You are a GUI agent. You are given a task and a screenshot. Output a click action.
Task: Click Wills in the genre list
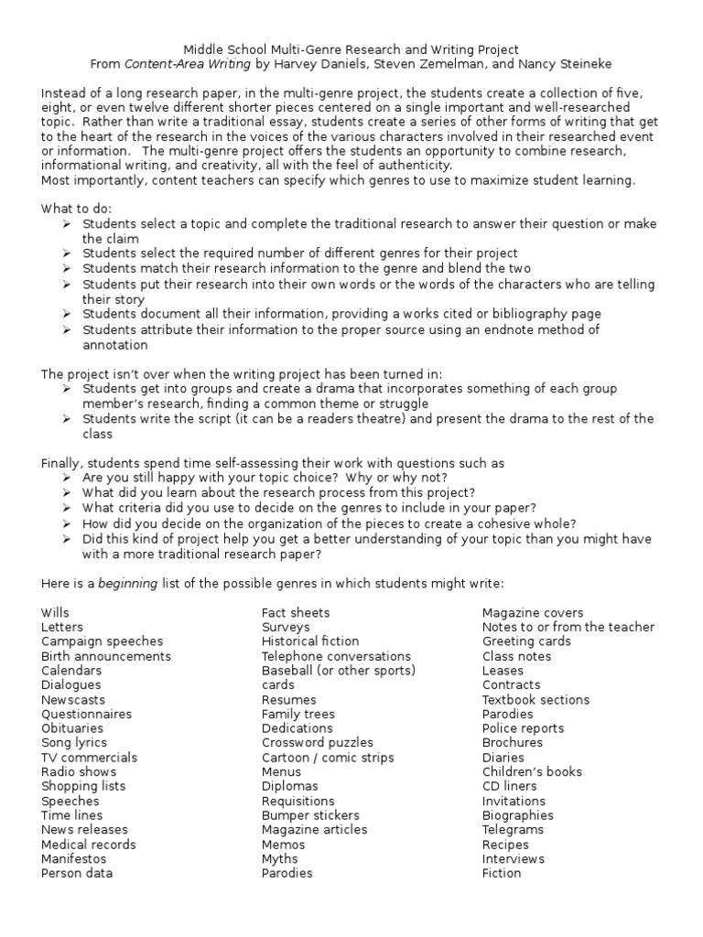point(55,612)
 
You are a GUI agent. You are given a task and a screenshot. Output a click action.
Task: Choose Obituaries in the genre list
point(72,728)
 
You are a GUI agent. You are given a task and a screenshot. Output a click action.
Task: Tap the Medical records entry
point(88,845)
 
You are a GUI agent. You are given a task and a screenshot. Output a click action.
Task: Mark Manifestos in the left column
point(73,859)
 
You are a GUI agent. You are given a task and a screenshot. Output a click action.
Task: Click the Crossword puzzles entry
point(318,743)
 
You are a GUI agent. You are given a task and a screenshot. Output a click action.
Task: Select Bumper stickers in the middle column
point(310,815)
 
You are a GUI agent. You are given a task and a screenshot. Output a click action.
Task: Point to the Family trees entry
point(298,714)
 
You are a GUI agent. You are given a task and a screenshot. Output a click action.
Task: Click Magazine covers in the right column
point(533,612)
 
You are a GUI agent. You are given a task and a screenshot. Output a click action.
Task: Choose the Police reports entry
point(524,728)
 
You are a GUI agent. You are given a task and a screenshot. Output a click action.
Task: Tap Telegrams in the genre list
point(513,830)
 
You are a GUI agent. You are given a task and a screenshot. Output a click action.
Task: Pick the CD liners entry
point(510,786)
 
